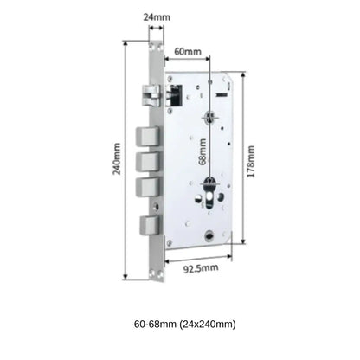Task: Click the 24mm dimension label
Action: (157, 15)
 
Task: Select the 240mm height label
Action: (115, 158)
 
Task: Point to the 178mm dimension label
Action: (252, 158)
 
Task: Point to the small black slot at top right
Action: (221, 93)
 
